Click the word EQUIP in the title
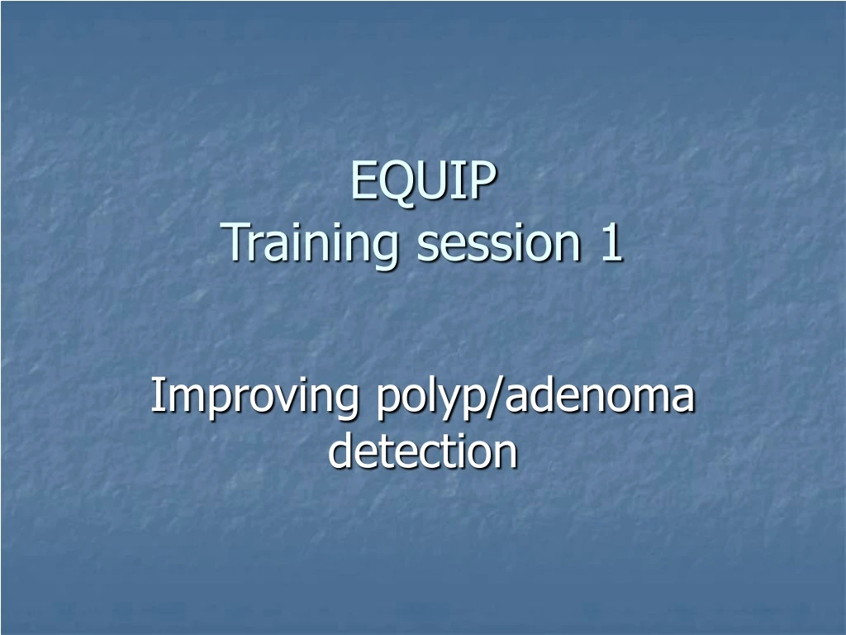coord(423,182)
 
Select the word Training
coord(315,245)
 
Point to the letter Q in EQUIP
coord(391,183)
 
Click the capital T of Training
coord(239,244)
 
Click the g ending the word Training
coord(391,248)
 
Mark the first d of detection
coord(340,451)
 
